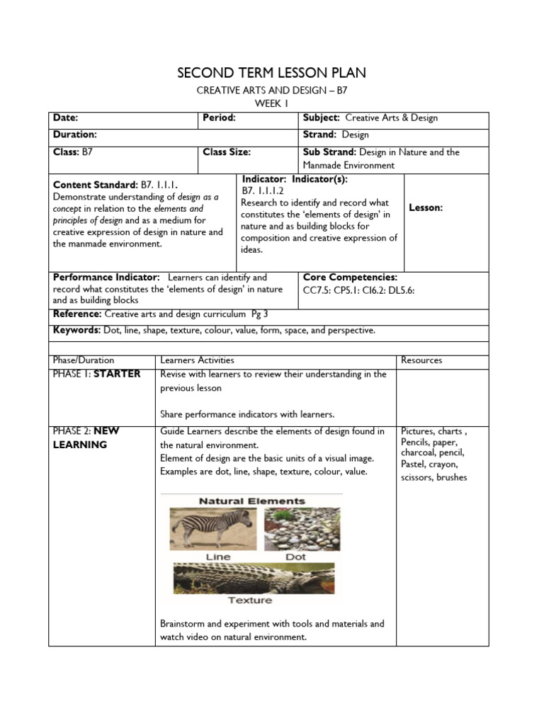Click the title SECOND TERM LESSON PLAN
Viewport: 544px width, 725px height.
tap(272, 74)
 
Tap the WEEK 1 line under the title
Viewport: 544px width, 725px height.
tap(271, 103)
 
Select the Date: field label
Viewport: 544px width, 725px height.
tap(65, 118)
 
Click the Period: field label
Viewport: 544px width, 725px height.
tap(219, 118)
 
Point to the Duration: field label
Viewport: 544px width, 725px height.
tap(74, 133)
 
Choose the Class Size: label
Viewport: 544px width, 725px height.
tap(227, 152)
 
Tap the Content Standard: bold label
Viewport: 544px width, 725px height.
tap(96, 184)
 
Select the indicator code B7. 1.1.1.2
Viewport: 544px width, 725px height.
tap(263, 190)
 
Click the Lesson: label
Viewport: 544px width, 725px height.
tap(426, 207)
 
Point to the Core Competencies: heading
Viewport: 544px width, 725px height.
tap(350, 277)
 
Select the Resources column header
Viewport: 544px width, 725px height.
tap(421, 360)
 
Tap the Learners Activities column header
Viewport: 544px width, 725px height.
tap(197, 360)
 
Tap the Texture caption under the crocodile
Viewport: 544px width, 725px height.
tap(249, 600)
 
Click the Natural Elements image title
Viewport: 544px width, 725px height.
tap(251, 501)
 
